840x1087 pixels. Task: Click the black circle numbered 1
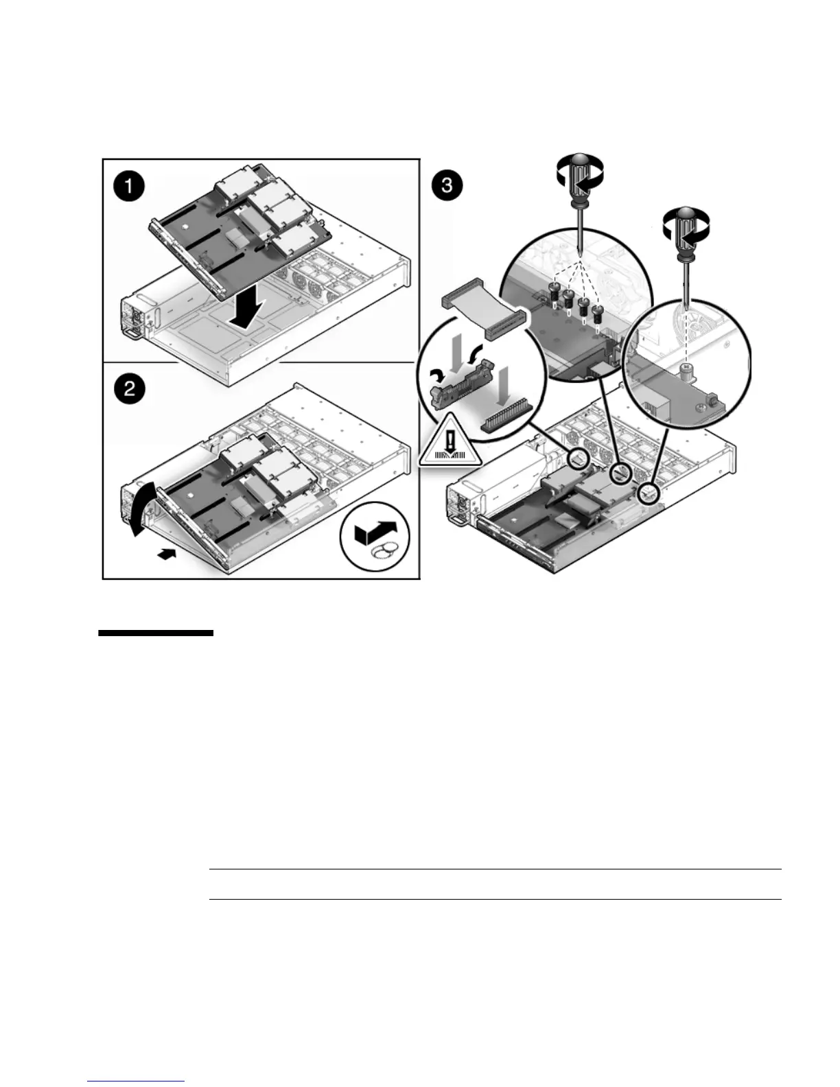click(x=128, y=186)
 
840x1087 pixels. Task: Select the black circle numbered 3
click(x=447, y=186)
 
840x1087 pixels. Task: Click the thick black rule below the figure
click(x=156, y=633)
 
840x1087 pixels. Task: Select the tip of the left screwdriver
click(x=581, y=251)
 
